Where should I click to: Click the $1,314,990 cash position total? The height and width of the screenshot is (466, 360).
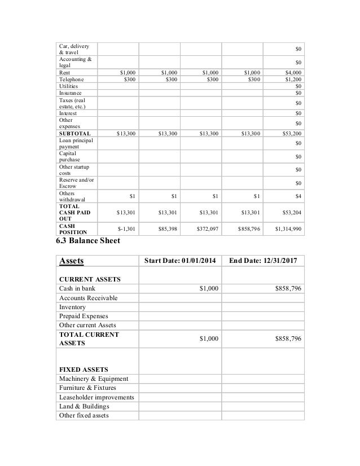pos(288,229)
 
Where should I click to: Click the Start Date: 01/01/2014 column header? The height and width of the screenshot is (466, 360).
pos(180,261)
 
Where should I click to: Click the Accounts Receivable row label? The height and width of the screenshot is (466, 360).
pos(89,298)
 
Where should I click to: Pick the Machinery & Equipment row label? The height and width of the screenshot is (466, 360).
pos(93,379)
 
